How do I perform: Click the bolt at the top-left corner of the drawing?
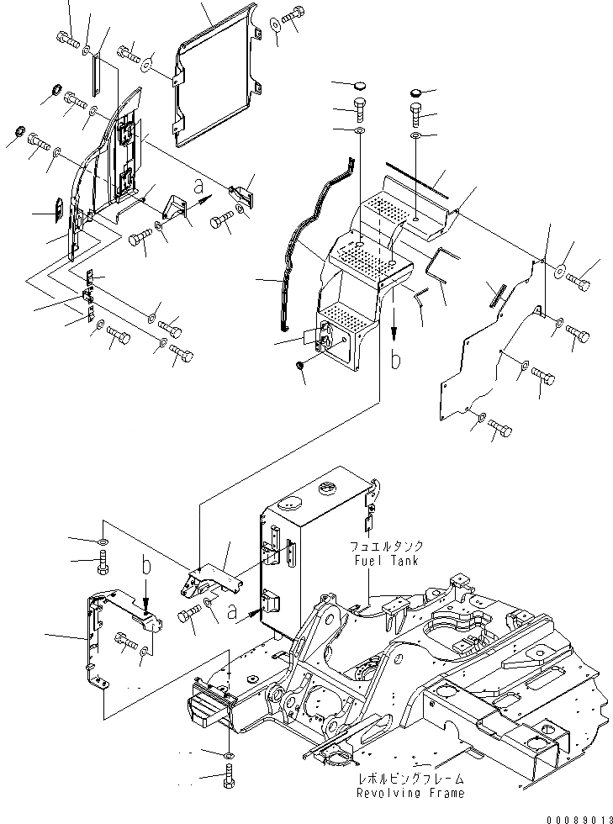67,37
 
